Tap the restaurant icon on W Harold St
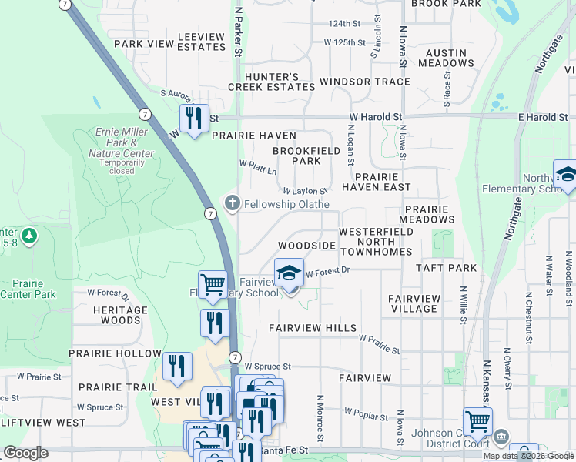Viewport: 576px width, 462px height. (193, 119)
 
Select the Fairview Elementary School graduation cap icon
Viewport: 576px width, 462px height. (290, 273)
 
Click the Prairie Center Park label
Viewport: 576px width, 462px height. (28, 288)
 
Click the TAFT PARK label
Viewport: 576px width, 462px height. (446, 268)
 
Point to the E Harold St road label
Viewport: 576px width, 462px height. (543, 117)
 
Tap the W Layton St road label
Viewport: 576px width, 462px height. (306, 191)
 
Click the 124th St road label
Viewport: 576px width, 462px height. (344, 24)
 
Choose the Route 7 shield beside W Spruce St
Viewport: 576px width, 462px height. (236, 357)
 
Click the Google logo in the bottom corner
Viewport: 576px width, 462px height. (25, 453)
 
